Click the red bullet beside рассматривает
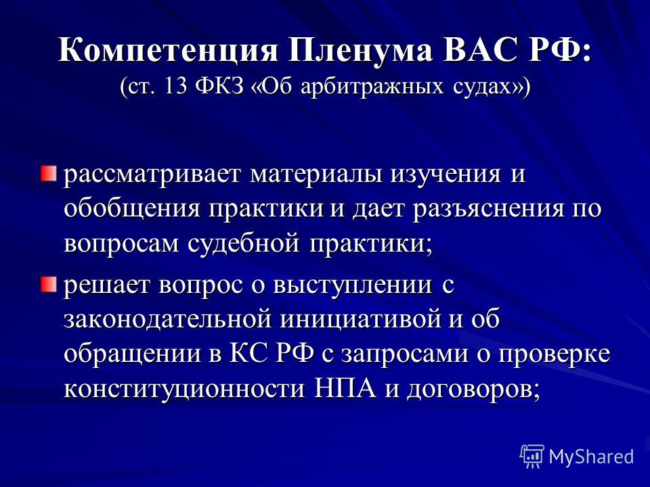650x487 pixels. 49,173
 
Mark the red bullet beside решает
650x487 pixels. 49,285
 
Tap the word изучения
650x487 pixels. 446,175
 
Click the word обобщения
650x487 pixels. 132,208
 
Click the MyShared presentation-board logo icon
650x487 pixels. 532,457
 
